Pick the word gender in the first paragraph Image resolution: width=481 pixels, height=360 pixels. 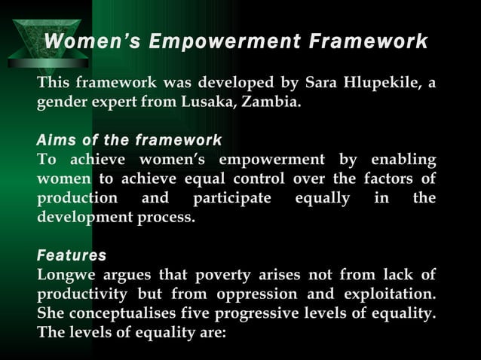pos(62,102)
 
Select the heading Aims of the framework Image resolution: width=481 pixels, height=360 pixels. pos(129,140)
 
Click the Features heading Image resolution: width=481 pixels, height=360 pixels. pos(72,255)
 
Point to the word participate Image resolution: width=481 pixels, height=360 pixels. pos(231,198)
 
